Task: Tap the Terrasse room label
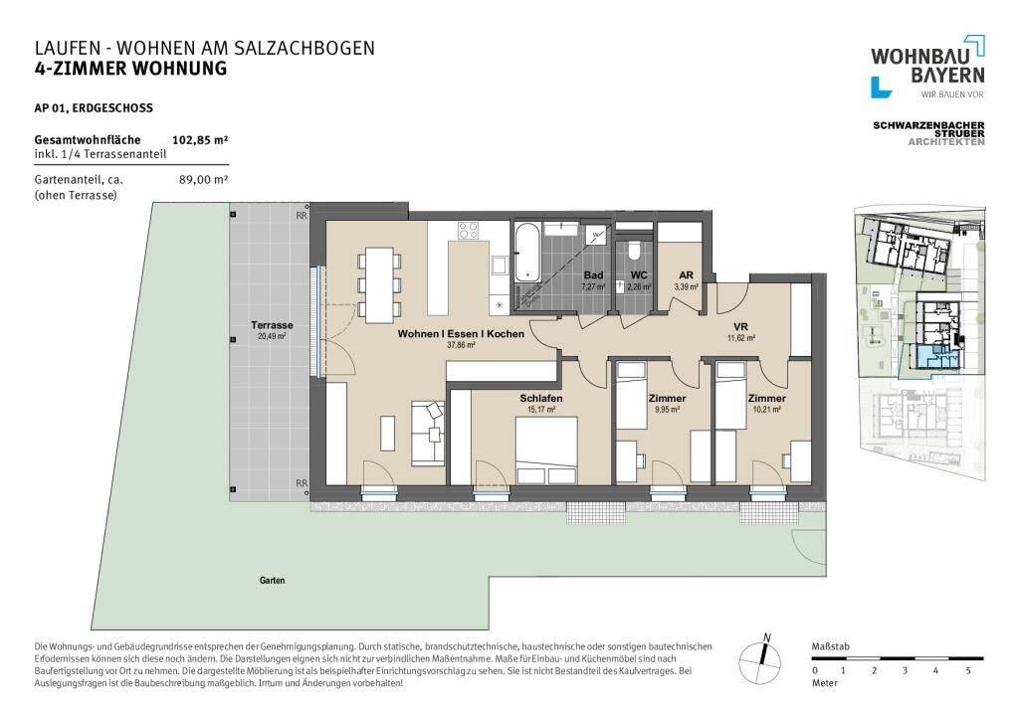271,326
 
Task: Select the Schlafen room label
541,399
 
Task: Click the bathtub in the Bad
528,255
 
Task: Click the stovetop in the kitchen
469,230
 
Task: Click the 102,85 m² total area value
200,139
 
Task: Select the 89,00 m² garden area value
202,180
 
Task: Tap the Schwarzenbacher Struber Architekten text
928,133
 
